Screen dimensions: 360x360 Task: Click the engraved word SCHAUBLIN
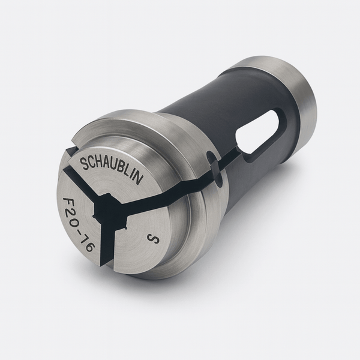coord(111,167)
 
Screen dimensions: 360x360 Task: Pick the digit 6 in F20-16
coord(88,247)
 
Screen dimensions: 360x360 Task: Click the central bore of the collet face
coord(109,209)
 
